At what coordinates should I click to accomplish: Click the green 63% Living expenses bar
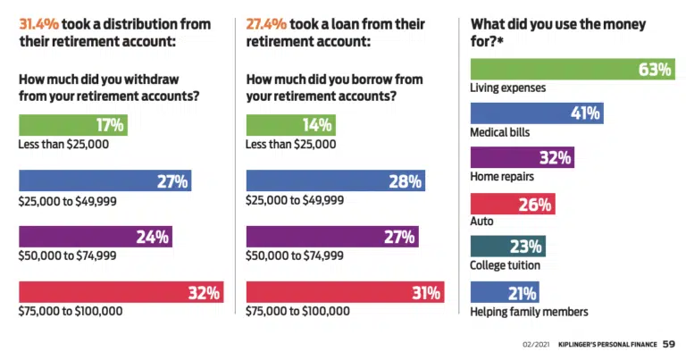point(572,69)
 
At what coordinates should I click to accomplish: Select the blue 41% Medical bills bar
point(536,113)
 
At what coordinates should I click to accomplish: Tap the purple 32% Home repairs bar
point(522,158)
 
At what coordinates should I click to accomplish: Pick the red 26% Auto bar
point(513,204)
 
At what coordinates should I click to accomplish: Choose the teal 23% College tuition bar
point(507,247)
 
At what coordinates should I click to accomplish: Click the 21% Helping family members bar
point(505,292)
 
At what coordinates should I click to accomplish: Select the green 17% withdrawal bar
point(73,125)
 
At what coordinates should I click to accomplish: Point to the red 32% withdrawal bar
point(121,292)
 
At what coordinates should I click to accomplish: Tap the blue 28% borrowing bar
point(335,181)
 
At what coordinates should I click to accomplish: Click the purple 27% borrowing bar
point(331,237)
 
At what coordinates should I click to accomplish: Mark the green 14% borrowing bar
point(290,125)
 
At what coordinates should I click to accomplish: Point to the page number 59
point(669,343)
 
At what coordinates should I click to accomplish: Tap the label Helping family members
point(529,312)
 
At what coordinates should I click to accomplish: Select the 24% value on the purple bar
point(153,237)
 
